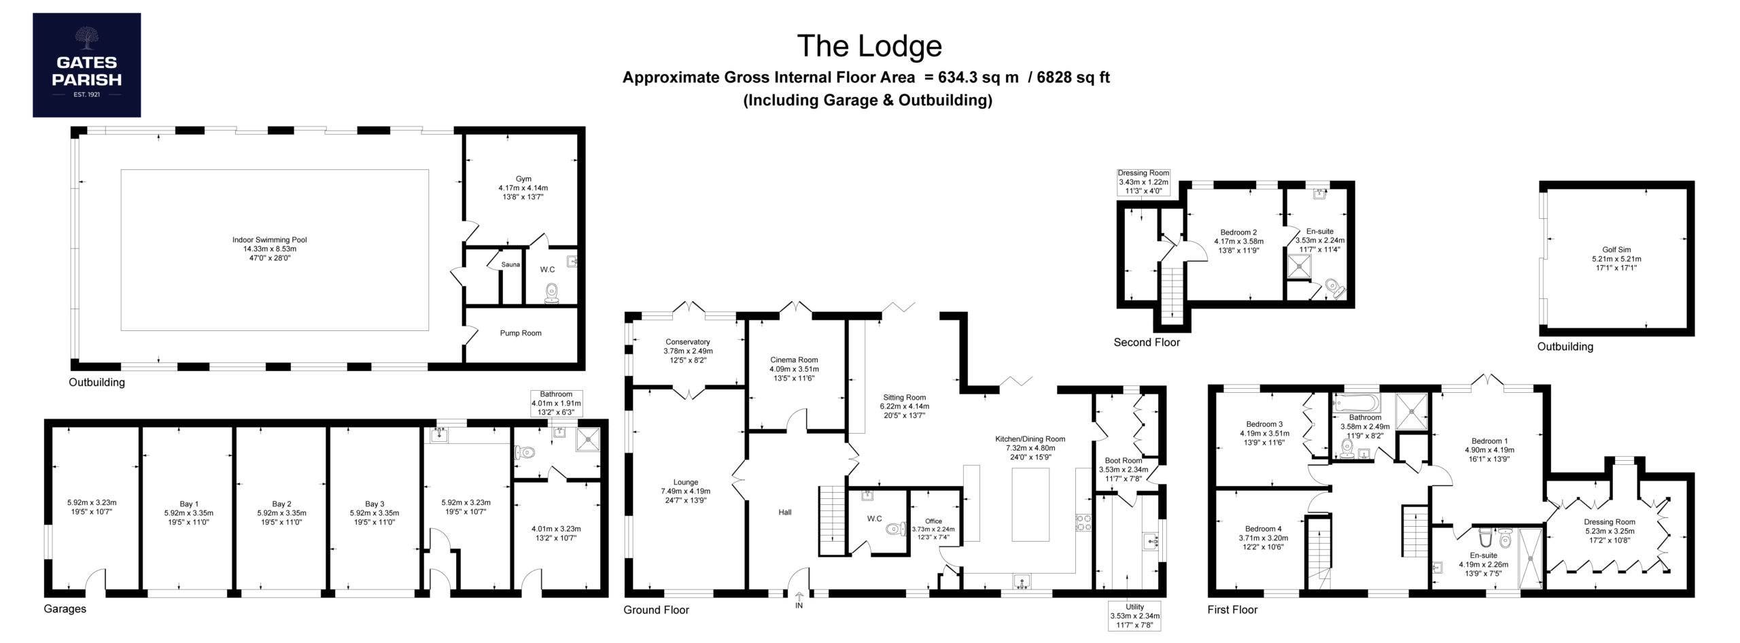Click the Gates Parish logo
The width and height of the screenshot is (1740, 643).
point(87,65)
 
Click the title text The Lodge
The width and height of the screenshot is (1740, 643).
point(869,46)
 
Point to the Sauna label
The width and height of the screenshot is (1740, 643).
point(510,264)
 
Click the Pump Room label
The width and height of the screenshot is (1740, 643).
point(521,333)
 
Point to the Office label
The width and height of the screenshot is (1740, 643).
point(933,521)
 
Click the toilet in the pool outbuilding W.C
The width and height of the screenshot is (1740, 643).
point(551,293)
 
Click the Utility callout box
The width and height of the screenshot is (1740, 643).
point(1134,616)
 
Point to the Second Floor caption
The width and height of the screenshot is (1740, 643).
point(1147,343)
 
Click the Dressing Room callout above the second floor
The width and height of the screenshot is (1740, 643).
point(1143,182)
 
